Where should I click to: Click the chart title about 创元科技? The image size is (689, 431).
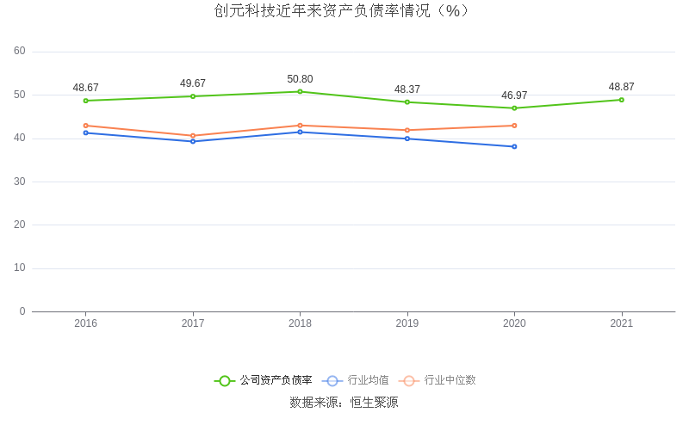pos(344,11)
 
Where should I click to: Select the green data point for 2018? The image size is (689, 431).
pos(300,91)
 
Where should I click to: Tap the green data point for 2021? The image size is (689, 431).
pos(621,100)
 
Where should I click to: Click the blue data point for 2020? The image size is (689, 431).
pos(514,146)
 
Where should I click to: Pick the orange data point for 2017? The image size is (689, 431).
pos(193,135)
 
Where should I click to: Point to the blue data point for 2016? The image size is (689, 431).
pos(86,132)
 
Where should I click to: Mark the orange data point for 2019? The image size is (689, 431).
pos(407,130)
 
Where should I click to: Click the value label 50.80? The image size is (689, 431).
pos(300,79)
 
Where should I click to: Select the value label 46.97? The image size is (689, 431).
pos(514,95)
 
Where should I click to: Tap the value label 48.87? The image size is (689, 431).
pos(621,87)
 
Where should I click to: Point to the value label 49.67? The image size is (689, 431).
pos(193,83)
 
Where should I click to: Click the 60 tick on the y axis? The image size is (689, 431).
pos(20,51)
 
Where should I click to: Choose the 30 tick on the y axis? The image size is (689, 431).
pos(20,182)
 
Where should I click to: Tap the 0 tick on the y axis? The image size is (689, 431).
pos(22,311)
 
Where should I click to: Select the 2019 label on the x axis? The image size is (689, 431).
pos(407,323)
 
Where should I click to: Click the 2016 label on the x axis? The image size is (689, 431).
pos(86,323)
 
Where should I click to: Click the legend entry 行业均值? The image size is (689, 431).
pos(357,380)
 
